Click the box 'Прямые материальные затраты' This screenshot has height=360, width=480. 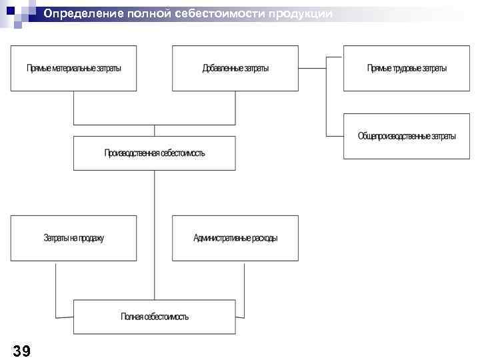(73, 68)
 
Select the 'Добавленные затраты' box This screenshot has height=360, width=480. (235, 68)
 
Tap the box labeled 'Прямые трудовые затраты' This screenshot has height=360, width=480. (407, 68)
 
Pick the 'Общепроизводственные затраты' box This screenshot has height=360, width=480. (407, 136)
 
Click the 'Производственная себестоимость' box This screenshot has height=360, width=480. (155, 153)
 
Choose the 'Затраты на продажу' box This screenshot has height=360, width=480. (73, 238)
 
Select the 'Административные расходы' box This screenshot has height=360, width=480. (235, 238)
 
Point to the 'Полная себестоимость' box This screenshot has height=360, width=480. (155, 317)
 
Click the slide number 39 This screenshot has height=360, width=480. (21, 351)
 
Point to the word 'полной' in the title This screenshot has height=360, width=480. (155, 14)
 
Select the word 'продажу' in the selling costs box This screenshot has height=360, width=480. (91, 238)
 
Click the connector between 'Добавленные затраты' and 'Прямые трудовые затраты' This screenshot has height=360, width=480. (312, 68)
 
